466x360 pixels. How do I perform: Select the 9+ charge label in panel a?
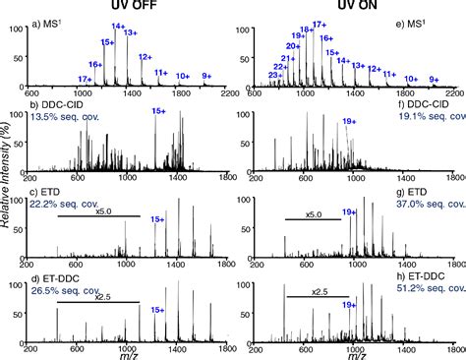point(205,76)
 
